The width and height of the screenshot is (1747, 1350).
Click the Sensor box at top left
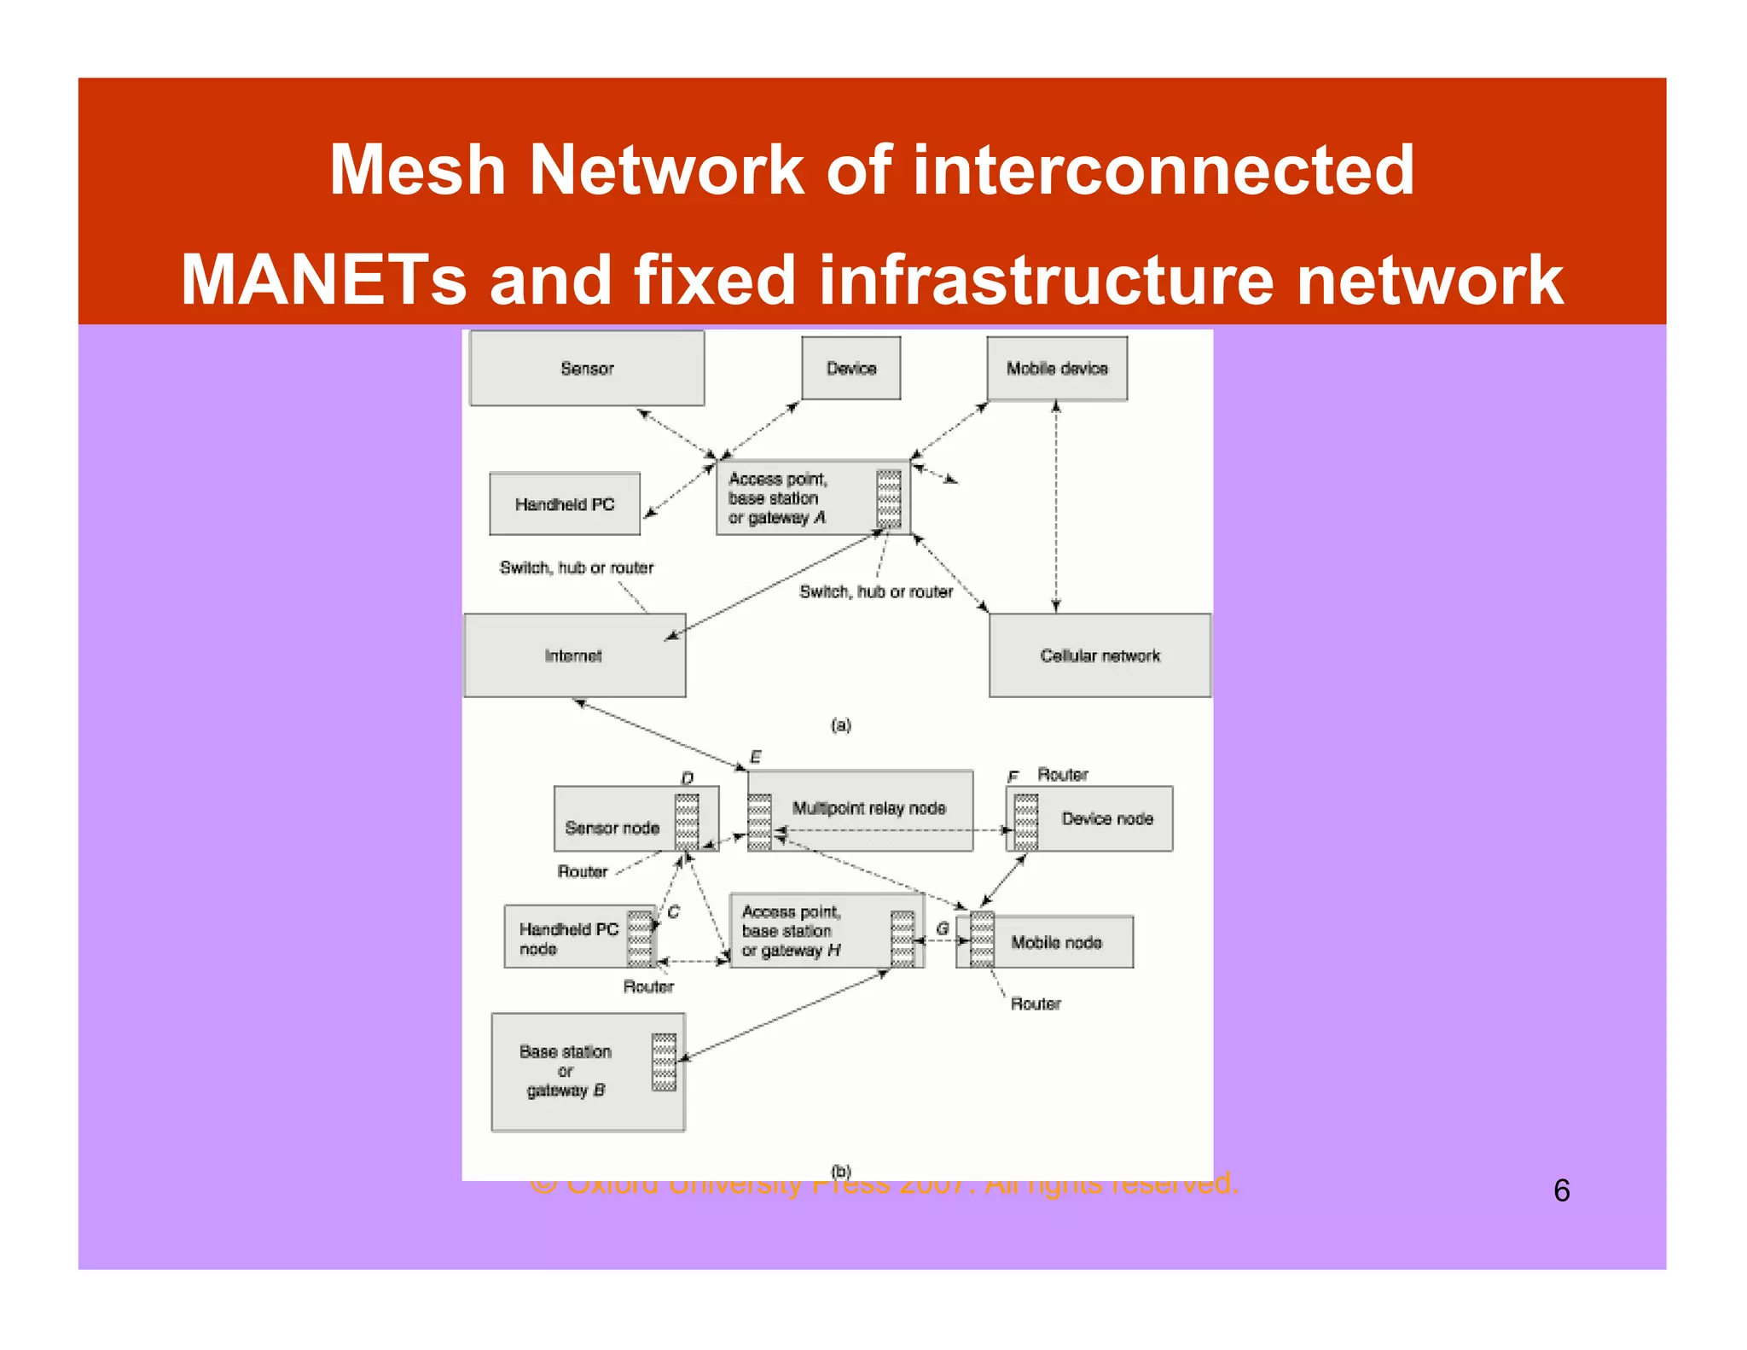click(587, 369)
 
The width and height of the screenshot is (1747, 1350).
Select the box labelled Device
click(850, 369)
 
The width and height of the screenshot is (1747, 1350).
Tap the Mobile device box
click(1057, 369)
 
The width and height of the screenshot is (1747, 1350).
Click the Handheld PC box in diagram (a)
click(565, 504)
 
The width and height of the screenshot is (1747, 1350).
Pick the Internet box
click(574, 655)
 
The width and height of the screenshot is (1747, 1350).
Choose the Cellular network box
click(1100, 655)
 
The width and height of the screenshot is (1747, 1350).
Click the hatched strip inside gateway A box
click(889, 498)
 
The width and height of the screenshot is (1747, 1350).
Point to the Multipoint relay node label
click(868, 808)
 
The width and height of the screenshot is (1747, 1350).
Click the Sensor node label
click(612, 828)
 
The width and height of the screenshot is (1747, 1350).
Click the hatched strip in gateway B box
click(664, 1062)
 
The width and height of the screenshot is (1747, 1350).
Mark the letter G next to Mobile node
click(943, 928)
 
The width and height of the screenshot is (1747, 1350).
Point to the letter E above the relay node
click(755, 757)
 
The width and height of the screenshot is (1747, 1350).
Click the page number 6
click(1561, 1190)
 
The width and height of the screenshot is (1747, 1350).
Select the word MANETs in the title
click(323, 280)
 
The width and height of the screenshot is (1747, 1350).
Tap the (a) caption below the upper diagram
click(841, 725)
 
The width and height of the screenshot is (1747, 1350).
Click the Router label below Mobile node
click(1036, 1004)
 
